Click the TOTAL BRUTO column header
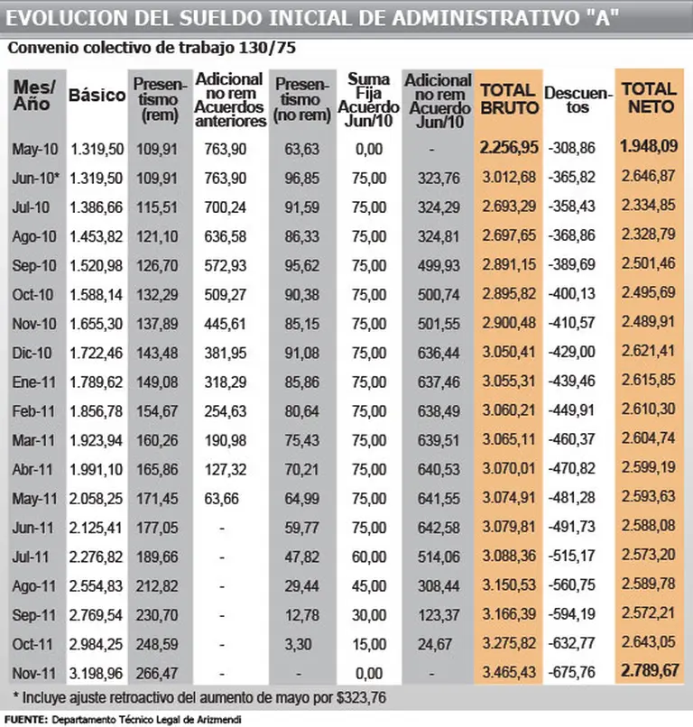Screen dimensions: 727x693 tap(509, 98)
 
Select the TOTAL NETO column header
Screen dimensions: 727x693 tap(648, 98)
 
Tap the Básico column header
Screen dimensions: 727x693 tap(97, 95)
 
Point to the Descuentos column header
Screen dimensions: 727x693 tap(579, 99)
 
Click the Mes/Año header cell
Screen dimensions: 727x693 tap(35, 95)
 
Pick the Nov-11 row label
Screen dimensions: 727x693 tap(35, 672)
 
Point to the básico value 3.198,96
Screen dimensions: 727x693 tap(97, 672)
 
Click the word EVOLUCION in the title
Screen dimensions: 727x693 tap(64, 18)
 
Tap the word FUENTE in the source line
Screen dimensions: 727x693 tap(24, 719)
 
